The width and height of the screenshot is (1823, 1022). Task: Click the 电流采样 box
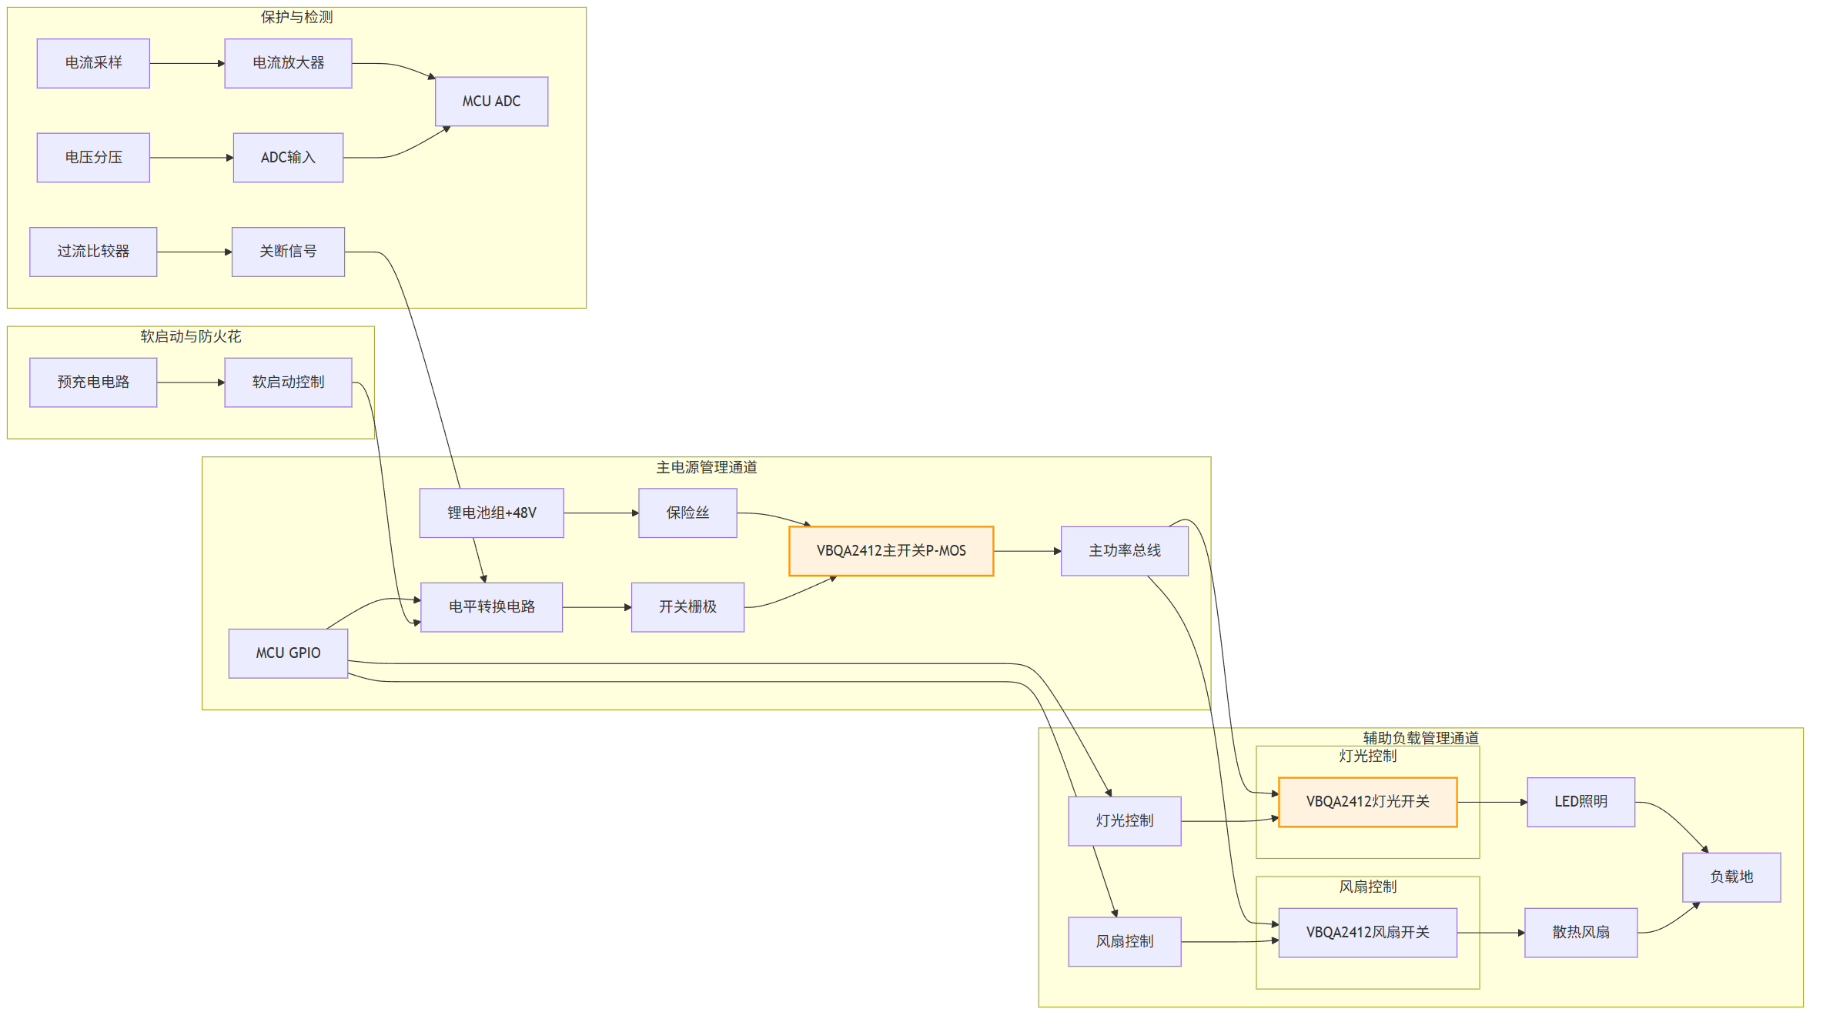click(93, 63)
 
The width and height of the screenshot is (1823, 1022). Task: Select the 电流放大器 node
click(288, 63)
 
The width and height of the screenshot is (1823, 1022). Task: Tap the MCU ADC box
click(491, 102)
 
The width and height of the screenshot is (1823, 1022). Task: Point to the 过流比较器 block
click(93, 252)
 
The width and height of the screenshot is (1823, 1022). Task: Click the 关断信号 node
click(288, 252)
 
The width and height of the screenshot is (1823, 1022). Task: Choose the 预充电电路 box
click(93, 382)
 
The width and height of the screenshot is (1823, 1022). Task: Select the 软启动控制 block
click(288, 382)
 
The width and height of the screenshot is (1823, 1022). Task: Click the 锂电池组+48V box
click(491, 513)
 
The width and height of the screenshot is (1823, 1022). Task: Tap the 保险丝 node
click(687, 513)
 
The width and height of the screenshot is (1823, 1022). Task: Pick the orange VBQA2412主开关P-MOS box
click(891, 551)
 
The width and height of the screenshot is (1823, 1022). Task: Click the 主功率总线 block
click(1124, 551)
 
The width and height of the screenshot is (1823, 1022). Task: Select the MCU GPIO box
click(288, 653)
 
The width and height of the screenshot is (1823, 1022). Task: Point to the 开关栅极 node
click(687, 607)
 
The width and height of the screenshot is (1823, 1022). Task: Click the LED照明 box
click(1580, 802)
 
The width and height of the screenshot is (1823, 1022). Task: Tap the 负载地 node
click(1731, 877)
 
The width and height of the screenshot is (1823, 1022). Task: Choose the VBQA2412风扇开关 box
click(1367, 933)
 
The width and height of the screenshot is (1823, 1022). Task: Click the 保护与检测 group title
click(296, 17)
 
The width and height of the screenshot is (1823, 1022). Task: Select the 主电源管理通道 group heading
click(706, 467)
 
